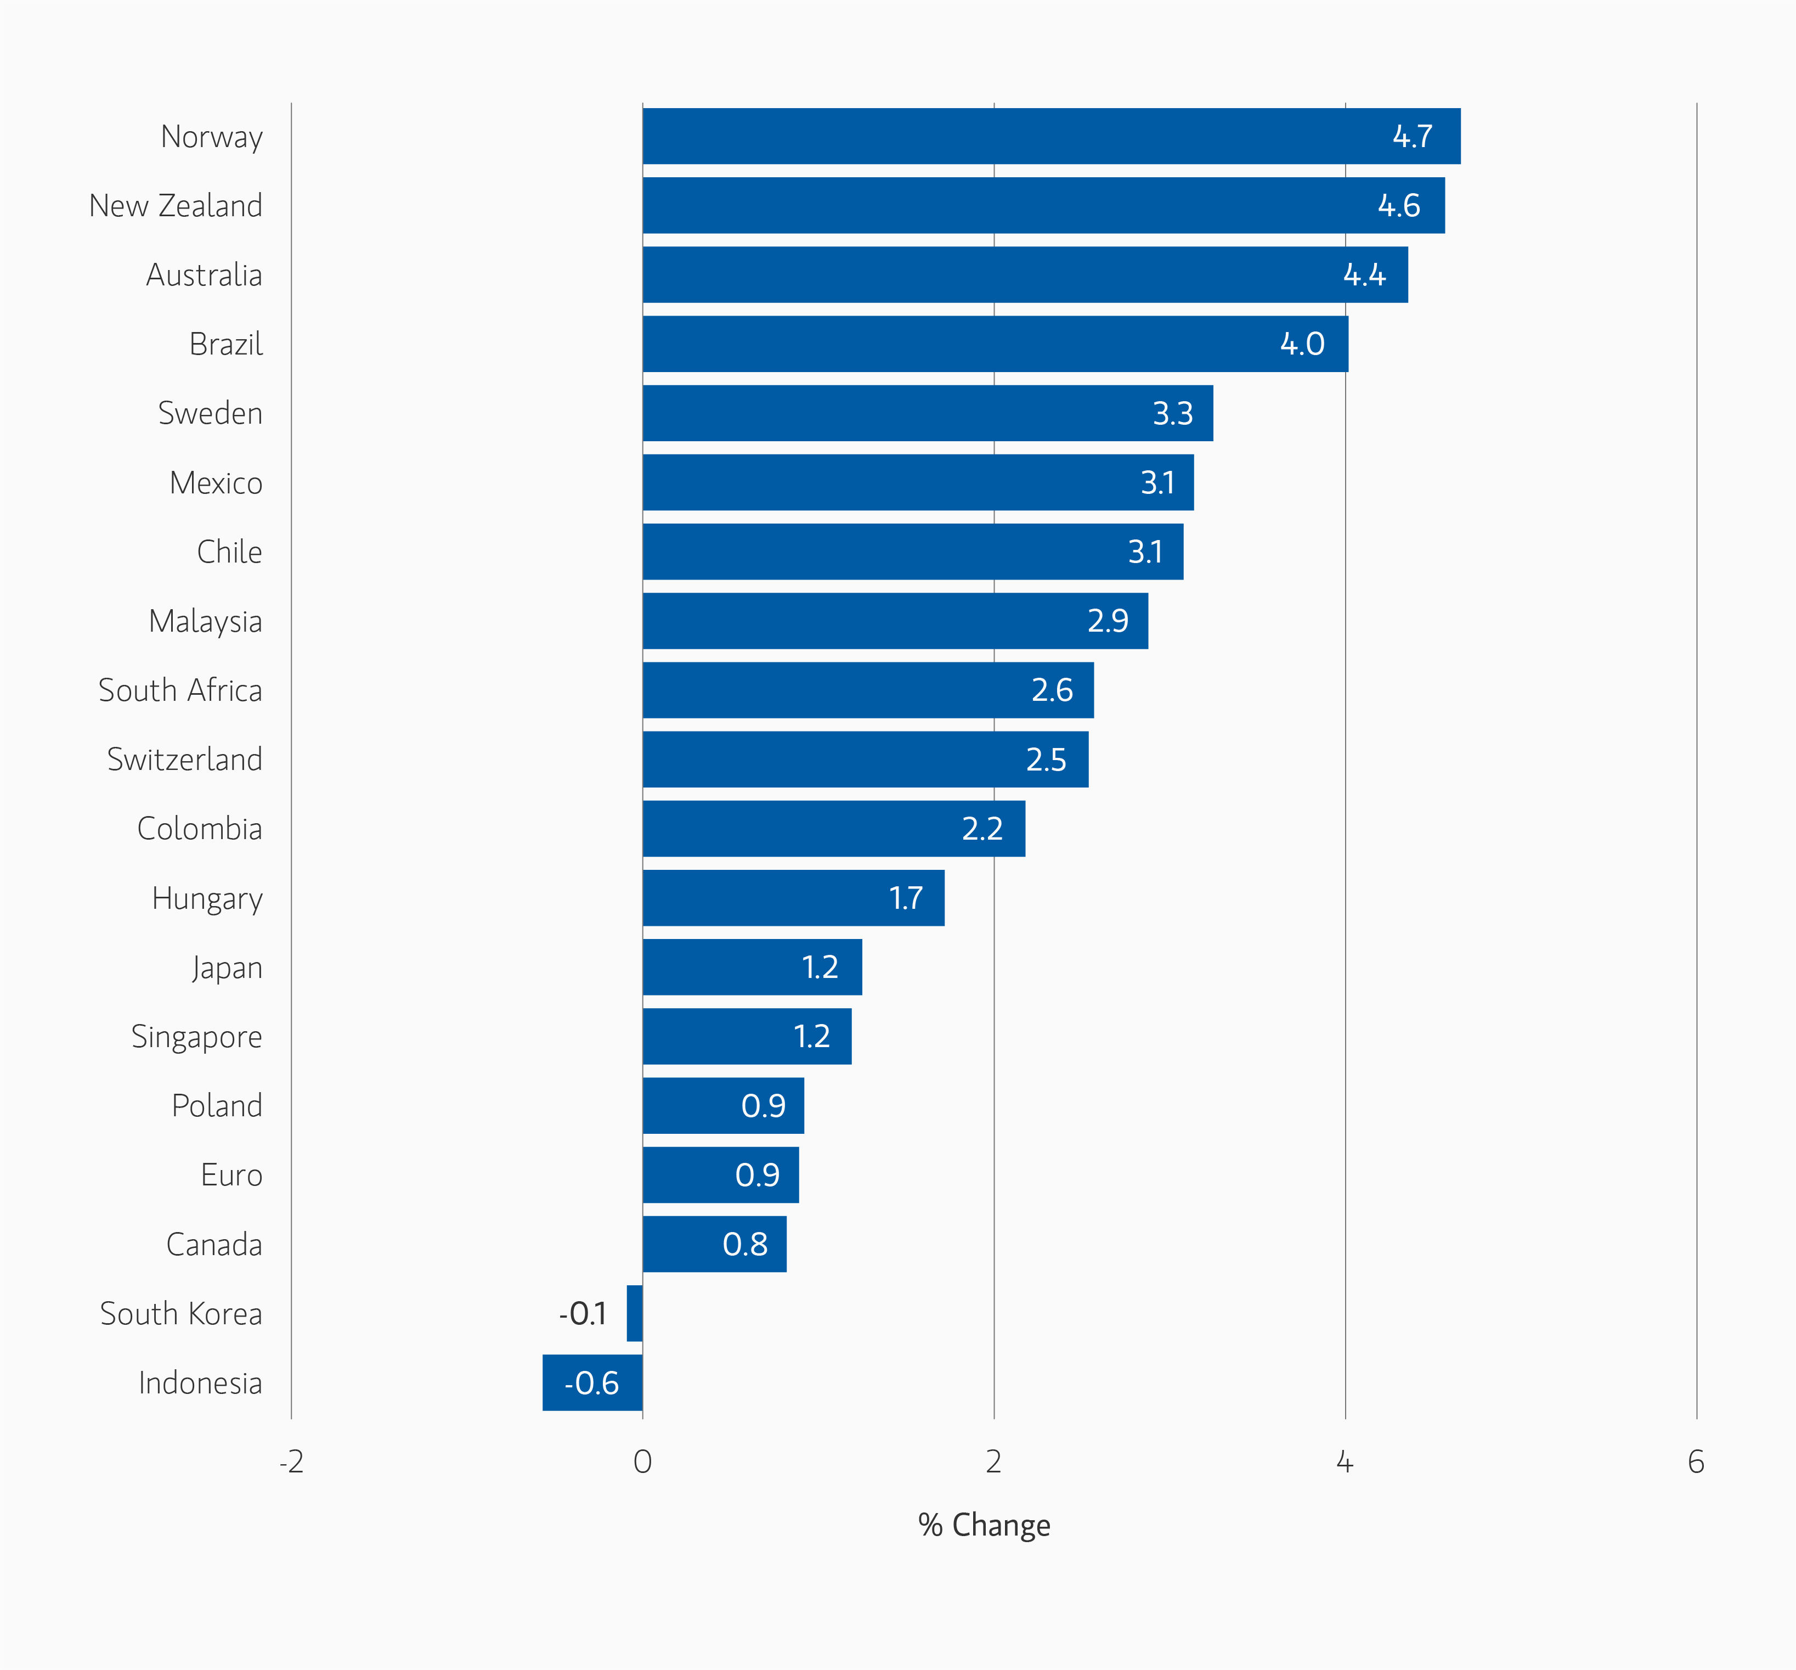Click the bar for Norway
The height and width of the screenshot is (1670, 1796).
[x=1051, y=137]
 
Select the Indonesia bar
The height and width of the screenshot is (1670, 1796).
[x=592, y=1382]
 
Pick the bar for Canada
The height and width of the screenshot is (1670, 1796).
[x=714, y=1244]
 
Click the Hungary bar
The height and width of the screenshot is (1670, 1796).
[x=793, y=898]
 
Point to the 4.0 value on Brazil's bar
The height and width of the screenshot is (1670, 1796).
[x=1302, y=344]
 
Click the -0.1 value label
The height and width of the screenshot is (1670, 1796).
[x=583, y=1313]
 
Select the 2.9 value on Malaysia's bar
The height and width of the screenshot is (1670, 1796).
[x=1108, y=621]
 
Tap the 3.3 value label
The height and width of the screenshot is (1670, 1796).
[x=1173, y=414]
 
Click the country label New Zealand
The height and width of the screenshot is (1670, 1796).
[x=176, y=206]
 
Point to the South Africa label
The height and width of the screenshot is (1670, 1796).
[x=180, y=690]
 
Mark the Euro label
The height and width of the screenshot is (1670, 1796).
[x=232, y=1176]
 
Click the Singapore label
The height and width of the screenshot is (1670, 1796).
[x=197, y=1037]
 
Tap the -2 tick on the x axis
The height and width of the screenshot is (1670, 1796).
[x=291, y=1462]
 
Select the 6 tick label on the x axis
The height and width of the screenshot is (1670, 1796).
[x=1696, y=1462]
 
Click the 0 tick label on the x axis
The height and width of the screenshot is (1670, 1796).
[x=642, y=1462]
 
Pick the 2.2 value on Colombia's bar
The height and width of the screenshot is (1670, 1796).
[x=982, y=829]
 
